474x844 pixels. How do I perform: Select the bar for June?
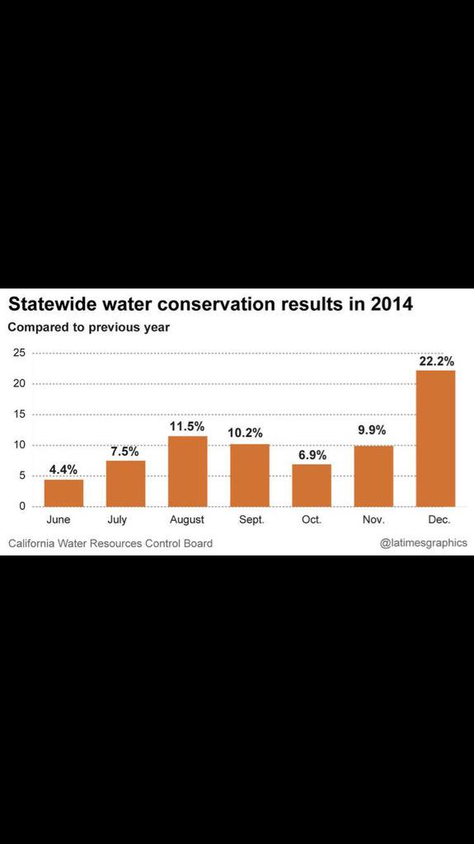[63, 492]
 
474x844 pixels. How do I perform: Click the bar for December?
[435, 438]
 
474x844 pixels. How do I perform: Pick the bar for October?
[312, 485]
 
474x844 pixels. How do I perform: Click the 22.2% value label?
[436, 361]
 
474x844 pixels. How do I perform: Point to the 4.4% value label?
[63, 470]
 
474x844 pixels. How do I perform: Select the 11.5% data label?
[187, 426]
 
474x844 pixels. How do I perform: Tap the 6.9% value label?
[312, 454]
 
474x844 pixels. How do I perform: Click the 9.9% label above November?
[372, 429]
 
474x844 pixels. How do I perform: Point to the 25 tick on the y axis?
[18, 353]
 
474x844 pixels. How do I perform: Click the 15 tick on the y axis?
[18, 414]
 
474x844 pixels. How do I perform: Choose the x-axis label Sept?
[250, 520]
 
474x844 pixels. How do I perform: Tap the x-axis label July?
[117, 520]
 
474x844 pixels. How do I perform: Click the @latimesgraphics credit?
[423, 542]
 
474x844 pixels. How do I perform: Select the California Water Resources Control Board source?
[110, 543]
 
